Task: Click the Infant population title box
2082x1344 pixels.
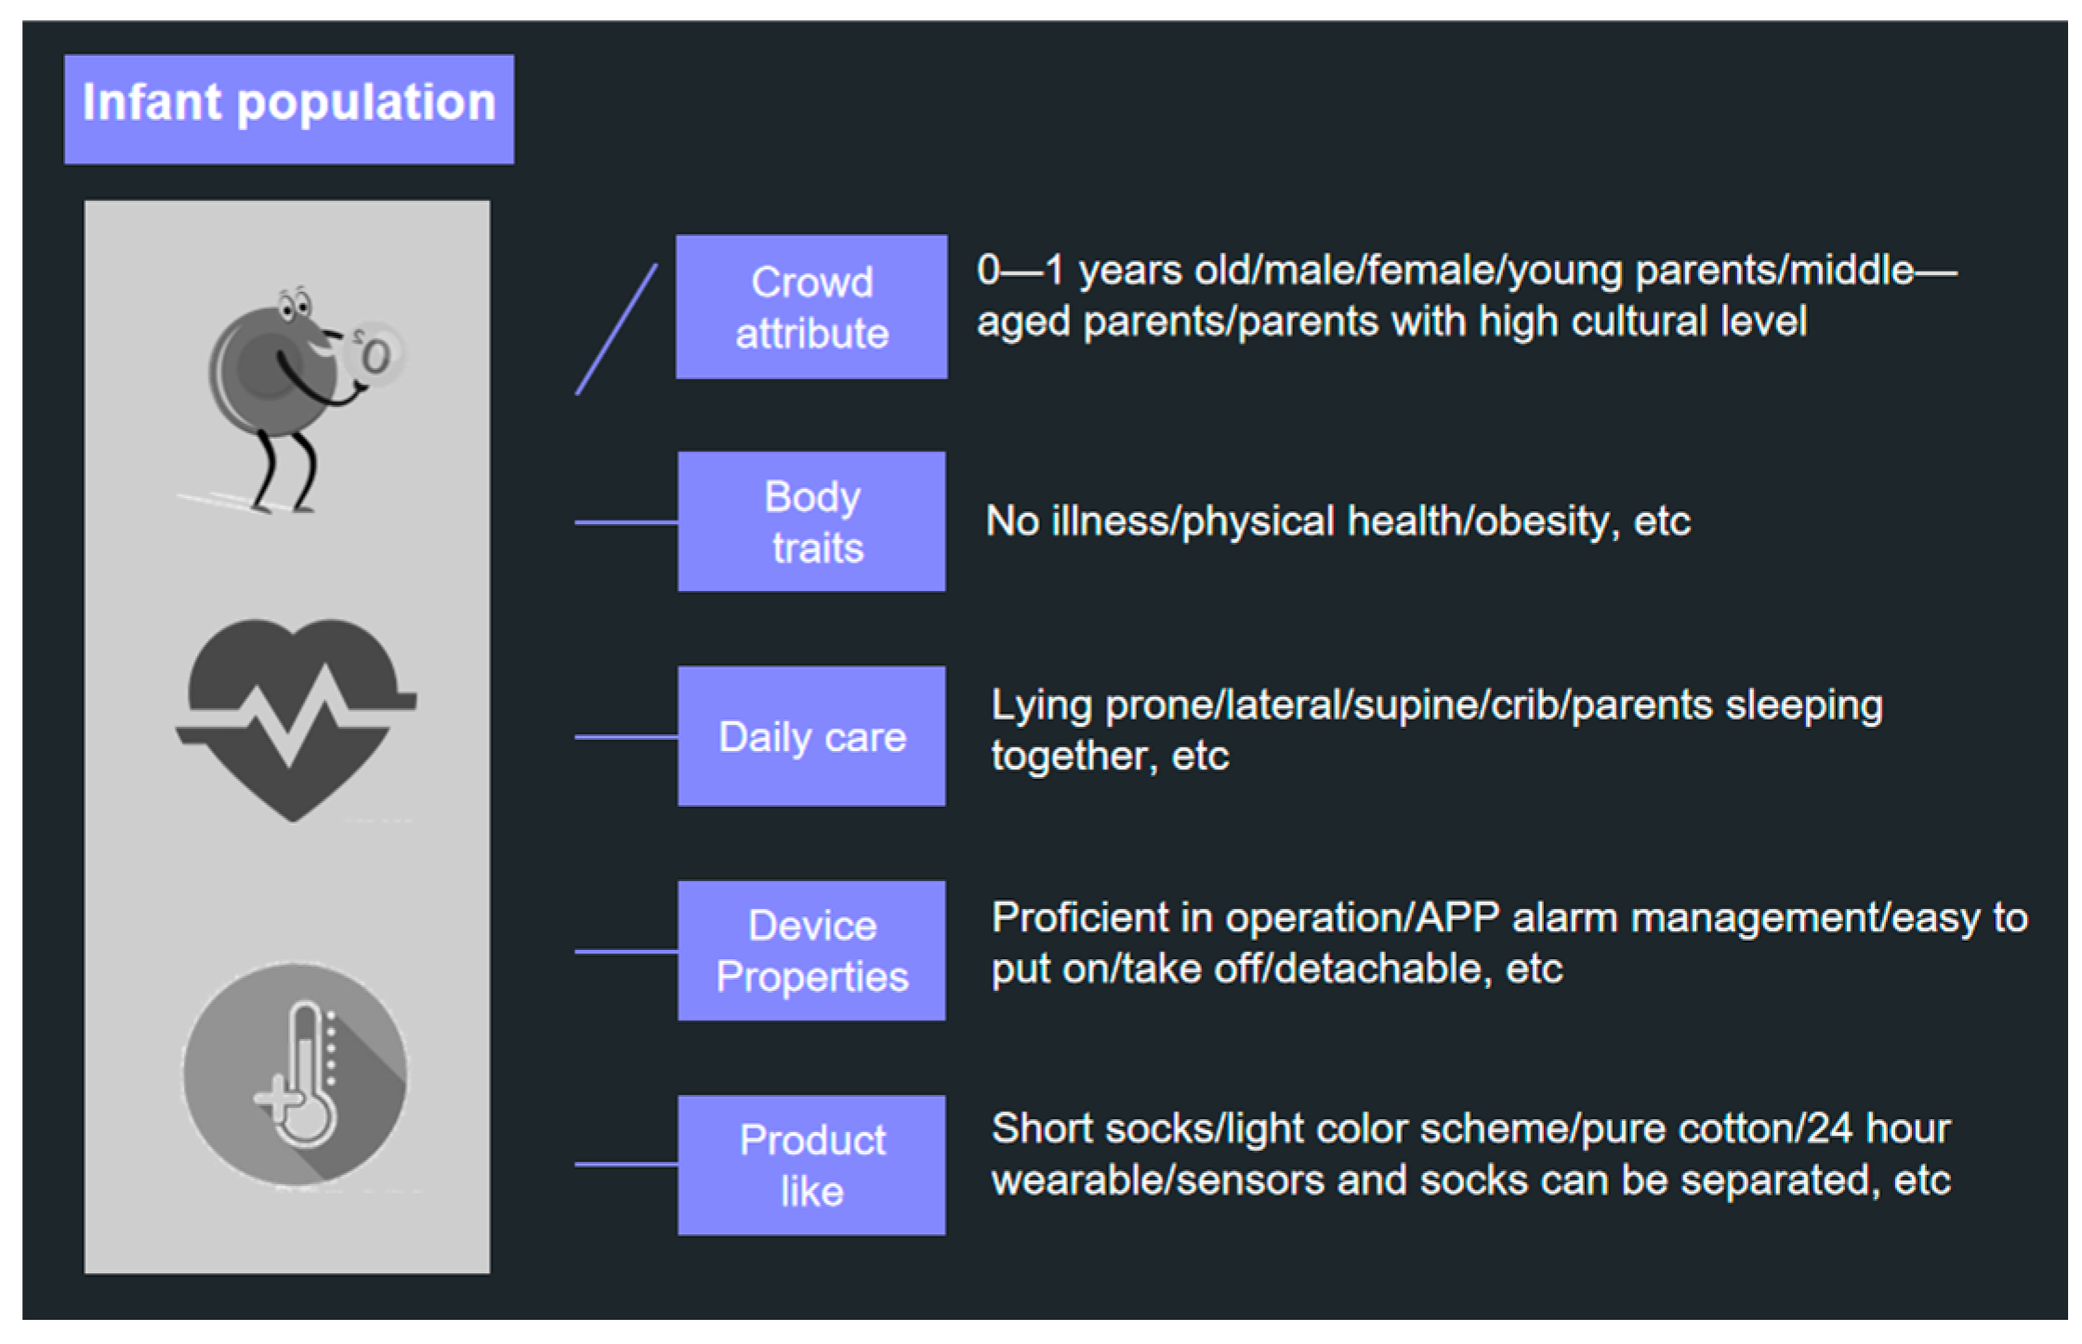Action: [288, 109]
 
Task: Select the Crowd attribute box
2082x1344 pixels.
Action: [811, 307]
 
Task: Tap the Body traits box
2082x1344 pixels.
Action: [811, 521]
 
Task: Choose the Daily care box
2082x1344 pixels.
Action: [811, 736]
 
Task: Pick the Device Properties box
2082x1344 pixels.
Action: [811, 951]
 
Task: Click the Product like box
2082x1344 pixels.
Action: [811, 1165]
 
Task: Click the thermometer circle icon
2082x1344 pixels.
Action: [295, 1074]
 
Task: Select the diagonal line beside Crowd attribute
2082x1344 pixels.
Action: [616, 330]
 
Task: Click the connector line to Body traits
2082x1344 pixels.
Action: [626, 522]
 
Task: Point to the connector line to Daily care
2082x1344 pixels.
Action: [626, 737]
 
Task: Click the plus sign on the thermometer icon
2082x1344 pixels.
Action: [277, 1100]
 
